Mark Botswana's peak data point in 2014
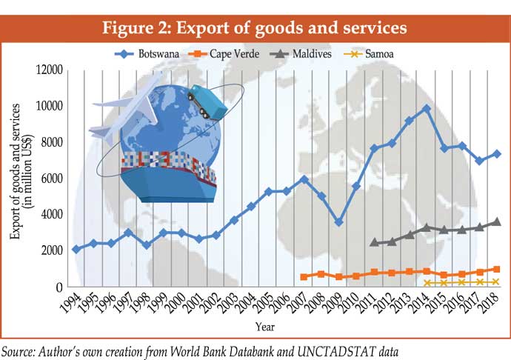point(426,108)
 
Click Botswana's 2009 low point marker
point(338,222)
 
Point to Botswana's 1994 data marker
point(76,250)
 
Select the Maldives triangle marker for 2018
point(496,221)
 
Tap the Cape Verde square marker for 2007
point(304,277)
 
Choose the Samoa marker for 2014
point(426,283)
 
